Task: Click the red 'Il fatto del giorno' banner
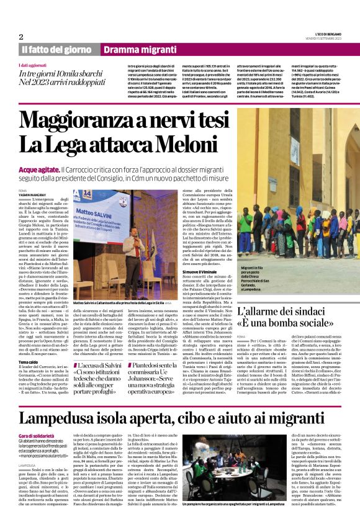56,49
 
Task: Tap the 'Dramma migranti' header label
134,49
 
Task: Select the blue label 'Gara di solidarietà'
35,421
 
